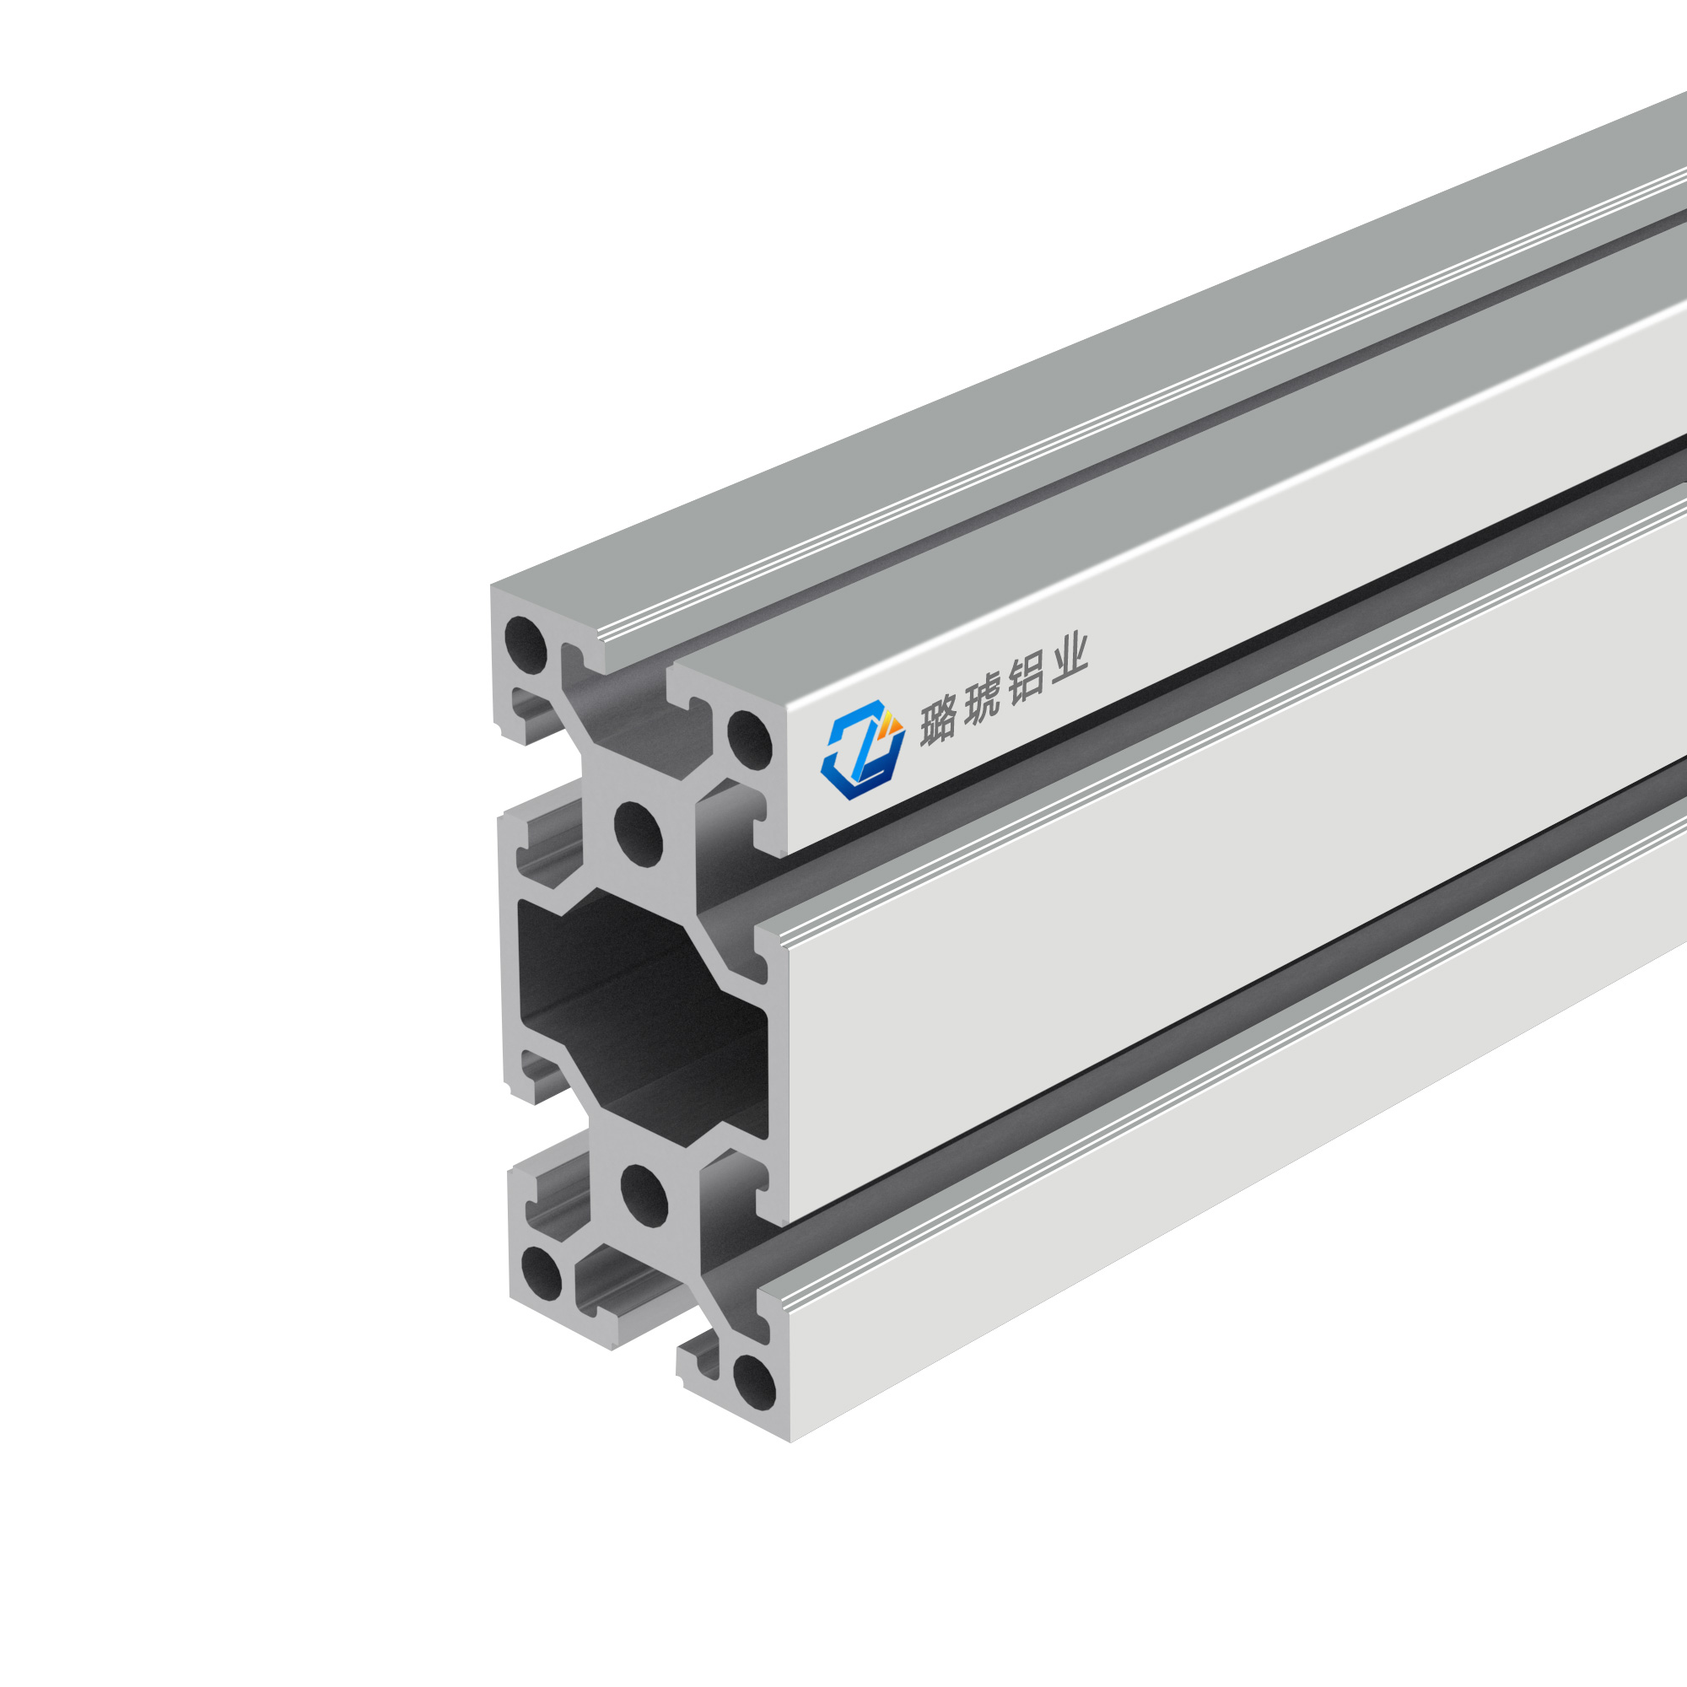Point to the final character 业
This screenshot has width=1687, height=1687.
1070,662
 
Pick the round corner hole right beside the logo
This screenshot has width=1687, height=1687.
750,741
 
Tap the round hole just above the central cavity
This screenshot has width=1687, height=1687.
639,833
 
